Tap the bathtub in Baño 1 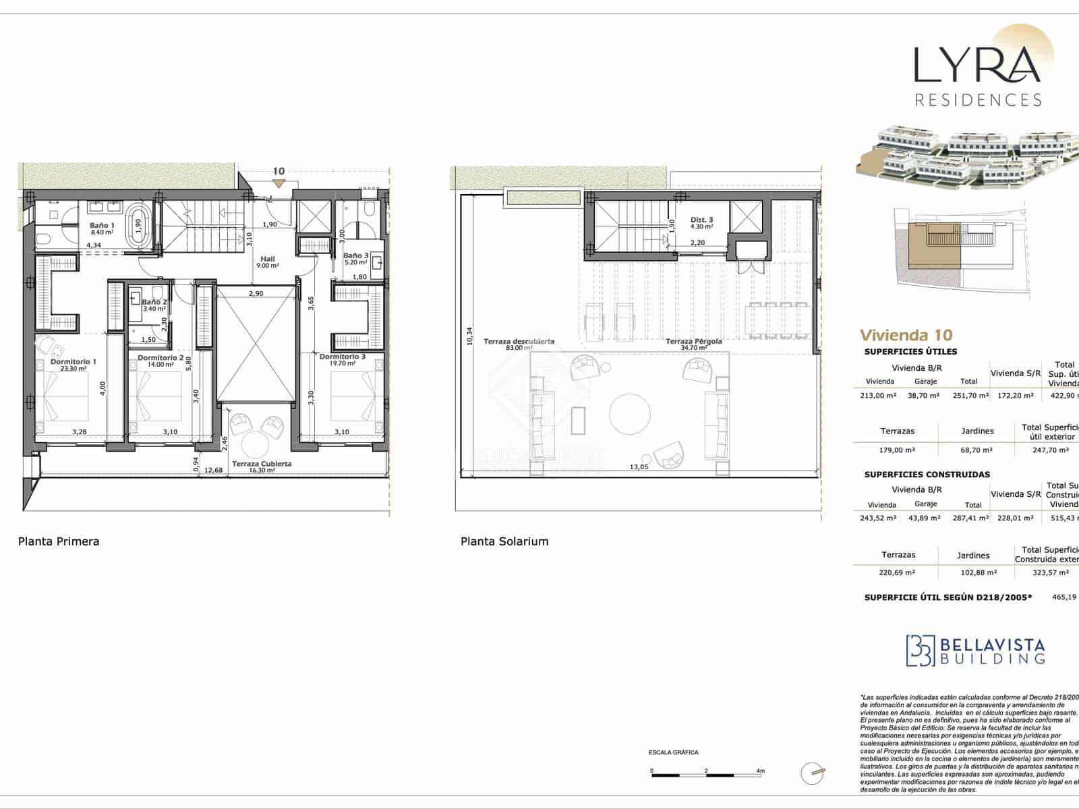[138, 229]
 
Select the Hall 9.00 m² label [268, 262]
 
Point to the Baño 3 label [355, 256]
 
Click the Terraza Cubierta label [262, 464]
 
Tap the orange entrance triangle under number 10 [279, 184]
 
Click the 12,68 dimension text [213, 470]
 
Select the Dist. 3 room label [701, 220]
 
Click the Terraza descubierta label [519, 342]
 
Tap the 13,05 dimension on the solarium [639, 467]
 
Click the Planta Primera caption [59, 541]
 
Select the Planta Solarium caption [504, 541]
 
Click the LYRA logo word [976, 65]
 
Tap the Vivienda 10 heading [906, 335]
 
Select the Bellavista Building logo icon [920, 651]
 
